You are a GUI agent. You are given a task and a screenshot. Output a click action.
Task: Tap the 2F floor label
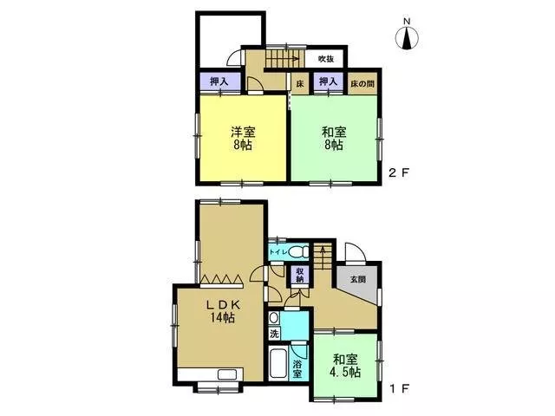point(399,173)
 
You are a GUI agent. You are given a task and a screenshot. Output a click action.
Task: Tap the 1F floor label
point(399,389)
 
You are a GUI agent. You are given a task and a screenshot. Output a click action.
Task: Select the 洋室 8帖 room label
point(243,139)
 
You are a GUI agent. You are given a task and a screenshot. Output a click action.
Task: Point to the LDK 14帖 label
point(223,311)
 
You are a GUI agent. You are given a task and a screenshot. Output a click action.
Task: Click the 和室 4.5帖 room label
point(347,366)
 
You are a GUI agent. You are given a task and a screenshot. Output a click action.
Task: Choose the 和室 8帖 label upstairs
point(334,139)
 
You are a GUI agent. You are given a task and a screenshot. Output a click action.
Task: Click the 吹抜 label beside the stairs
point(326,59)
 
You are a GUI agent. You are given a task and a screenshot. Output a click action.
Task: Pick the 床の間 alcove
point(362,83)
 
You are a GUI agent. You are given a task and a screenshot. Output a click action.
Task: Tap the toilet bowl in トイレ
point(298,252)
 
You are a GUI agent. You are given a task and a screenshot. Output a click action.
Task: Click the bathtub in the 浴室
point(277,364)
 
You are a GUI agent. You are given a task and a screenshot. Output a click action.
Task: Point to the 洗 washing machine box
point(274,333)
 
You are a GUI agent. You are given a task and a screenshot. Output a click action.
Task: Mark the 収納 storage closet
point(300,275)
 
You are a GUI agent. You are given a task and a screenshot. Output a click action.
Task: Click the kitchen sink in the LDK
point(227,374)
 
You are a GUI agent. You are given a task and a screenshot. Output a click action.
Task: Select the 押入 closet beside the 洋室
point(219,82)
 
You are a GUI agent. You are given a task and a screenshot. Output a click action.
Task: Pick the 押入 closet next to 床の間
point(328,82)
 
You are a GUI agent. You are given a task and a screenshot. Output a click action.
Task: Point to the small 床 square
point(300,84)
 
